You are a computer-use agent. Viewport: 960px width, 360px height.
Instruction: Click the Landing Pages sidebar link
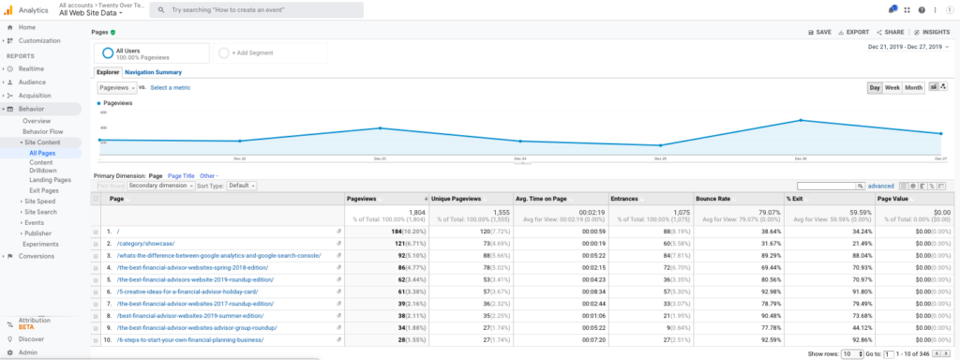(x=50, y=180)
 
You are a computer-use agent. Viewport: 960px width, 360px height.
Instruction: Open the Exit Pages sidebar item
(x=44, y=190)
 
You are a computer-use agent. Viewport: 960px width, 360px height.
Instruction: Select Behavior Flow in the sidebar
(x=43, y=131)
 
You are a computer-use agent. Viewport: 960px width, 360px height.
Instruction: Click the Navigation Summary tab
(x=153, y=72)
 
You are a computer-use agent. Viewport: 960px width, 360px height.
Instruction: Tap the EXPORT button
(x=852, y=32)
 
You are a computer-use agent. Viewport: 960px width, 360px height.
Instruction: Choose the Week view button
(x=892, y=88)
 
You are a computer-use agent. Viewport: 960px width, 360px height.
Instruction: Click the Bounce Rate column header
(x=713, y=199)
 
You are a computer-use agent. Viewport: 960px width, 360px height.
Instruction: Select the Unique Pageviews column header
(x=456, y=199)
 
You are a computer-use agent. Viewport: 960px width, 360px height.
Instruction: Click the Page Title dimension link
(x=181, y=175)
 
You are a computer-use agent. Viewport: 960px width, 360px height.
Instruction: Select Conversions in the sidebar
(x=37, y=255)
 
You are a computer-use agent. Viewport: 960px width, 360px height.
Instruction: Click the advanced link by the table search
(x=880, y=186)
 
